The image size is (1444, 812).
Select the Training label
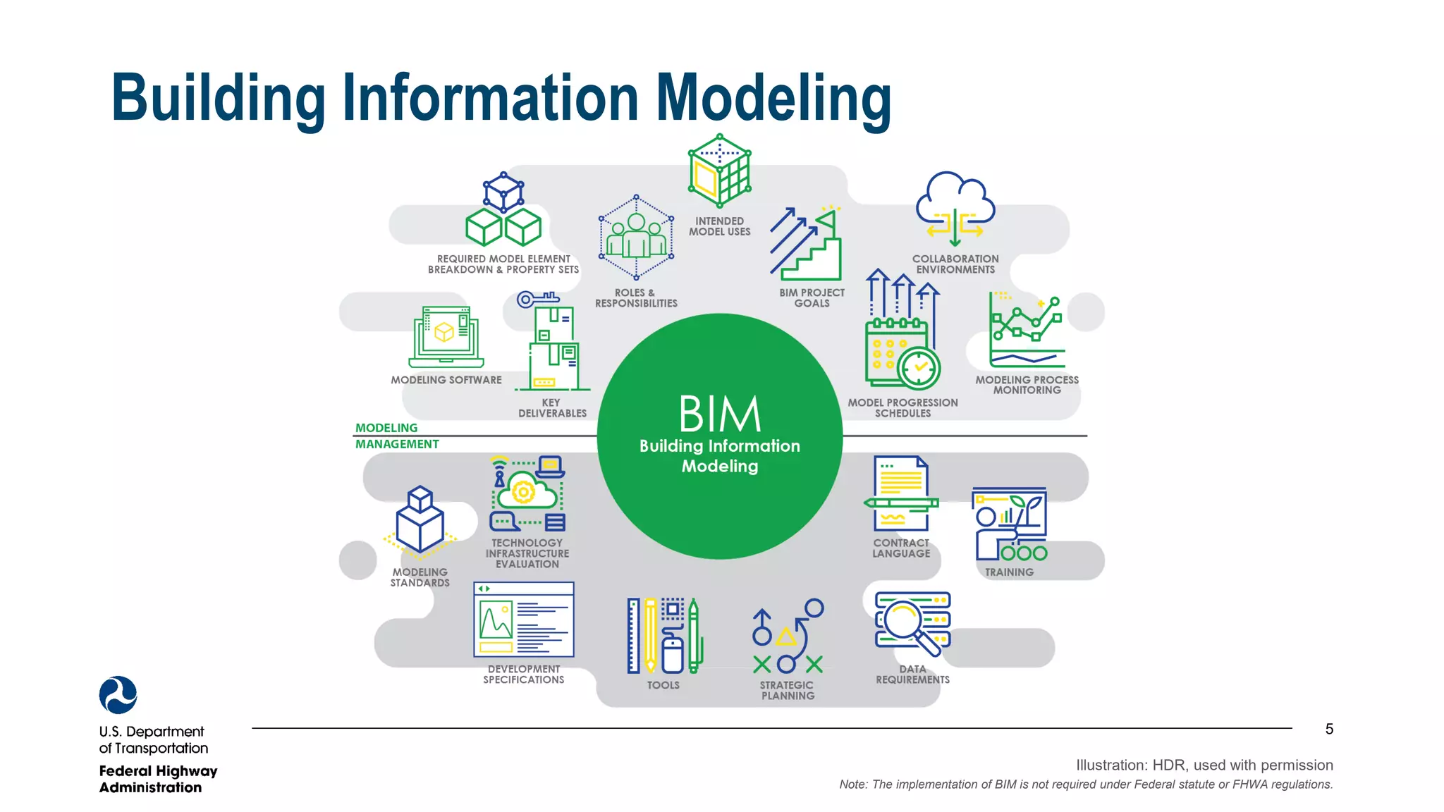[x=1009, y=572]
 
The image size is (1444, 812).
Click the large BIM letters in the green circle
[x=720, y=414]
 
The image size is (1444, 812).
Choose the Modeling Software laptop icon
[x=446, y=336]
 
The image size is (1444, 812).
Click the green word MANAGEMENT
[x=397, y=444]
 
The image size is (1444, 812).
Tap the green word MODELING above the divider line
[x=386, y=428]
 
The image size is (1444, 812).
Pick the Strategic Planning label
[x=787, y=690]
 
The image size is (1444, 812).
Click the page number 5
[x=1329, y=729]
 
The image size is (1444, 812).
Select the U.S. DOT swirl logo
[x=118, y=695]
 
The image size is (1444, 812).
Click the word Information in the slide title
[x=491, y=98]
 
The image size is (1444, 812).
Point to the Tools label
[x=663, y=685]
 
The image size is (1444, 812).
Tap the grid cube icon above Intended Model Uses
[x=720, y=171]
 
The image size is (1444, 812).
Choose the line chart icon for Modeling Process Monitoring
[x=1027, y=331]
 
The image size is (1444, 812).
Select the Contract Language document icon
[x=901, y=493]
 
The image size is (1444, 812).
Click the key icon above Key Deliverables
[x=536, y=300]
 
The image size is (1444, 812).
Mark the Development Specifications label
[x=524, y=675]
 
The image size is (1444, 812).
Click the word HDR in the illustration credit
[x=1168, y=765]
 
